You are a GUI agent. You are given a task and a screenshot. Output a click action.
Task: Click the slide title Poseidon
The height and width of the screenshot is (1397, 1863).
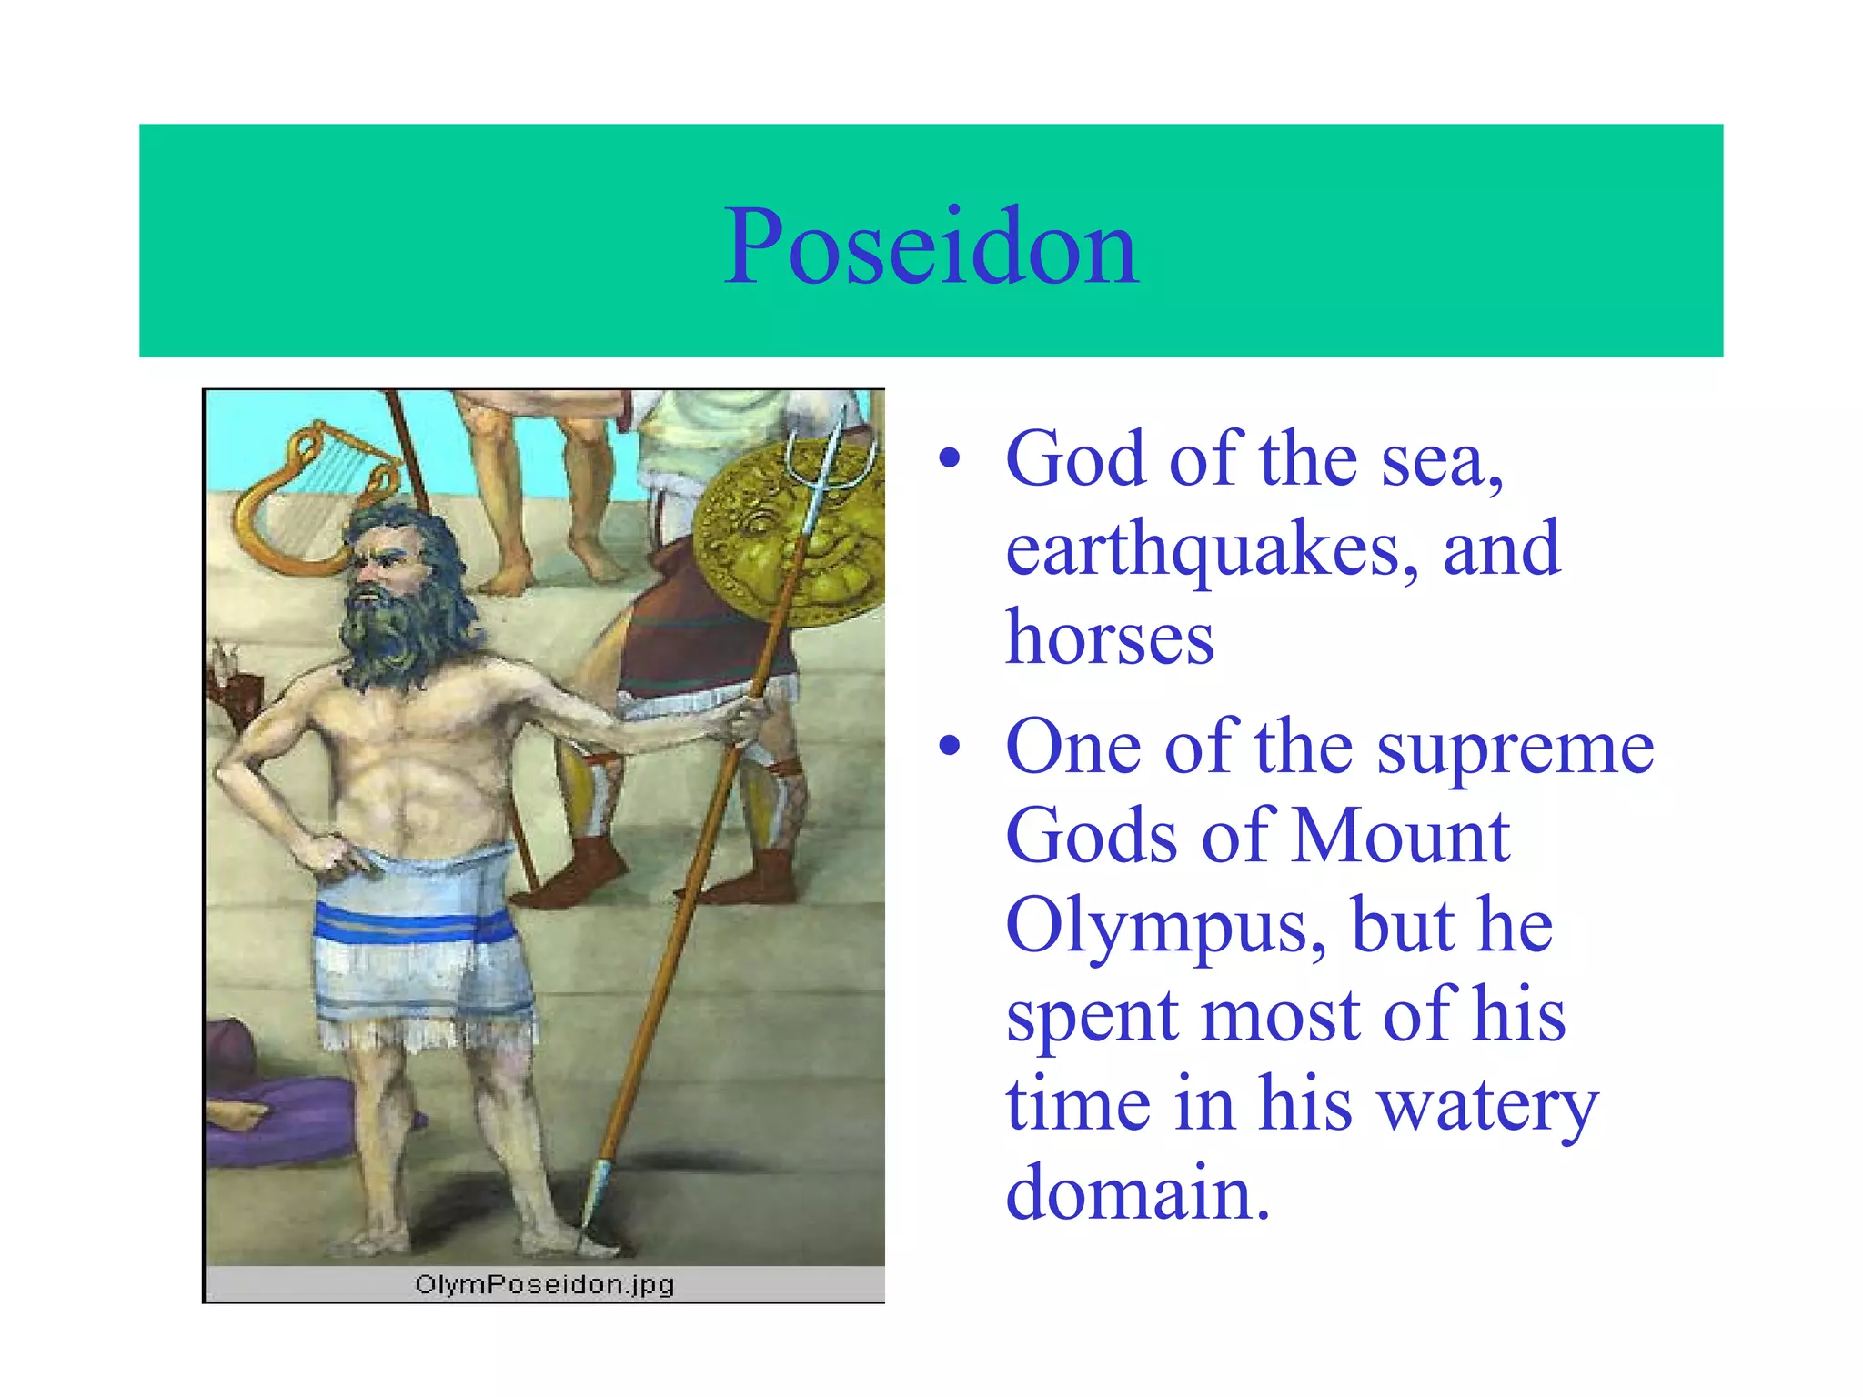(x=931, y=246)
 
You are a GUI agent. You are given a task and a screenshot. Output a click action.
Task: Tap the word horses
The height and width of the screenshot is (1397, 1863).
(x=1109, y=638)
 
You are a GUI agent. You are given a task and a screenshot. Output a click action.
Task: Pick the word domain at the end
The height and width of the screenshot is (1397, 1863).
(x=1136, y=1191)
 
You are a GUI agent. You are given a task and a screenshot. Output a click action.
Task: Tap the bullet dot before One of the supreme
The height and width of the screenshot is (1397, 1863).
(x=949, y=747)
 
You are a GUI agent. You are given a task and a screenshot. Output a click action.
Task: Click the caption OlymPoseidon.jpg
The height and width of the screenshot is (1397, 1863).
(x=544, y=1284)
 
